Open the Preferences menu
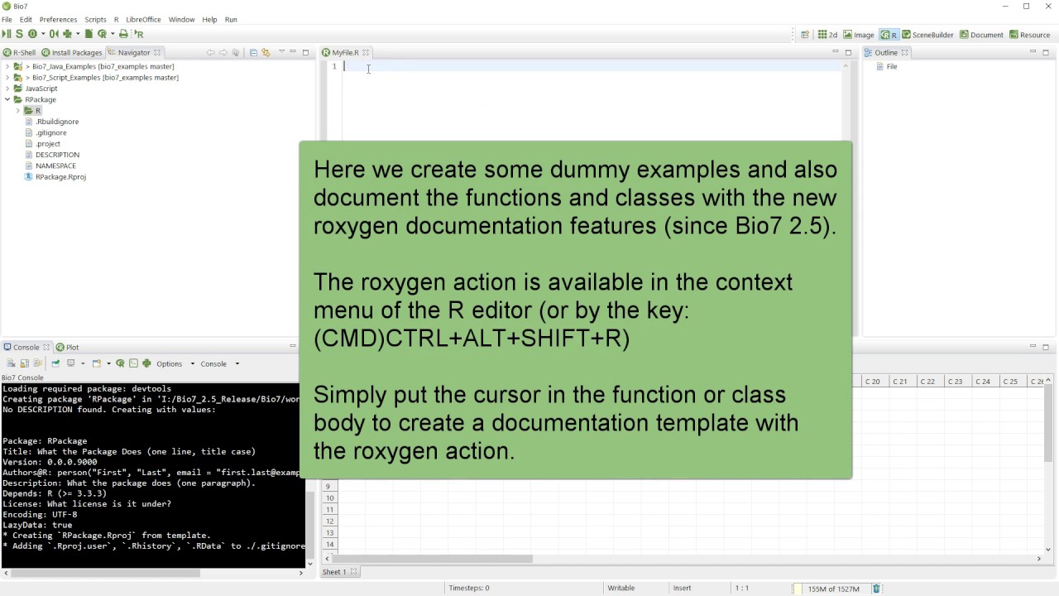tap(58, 19)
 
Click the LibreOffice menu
tap(143, 19)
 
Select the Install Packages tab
tap(77, 52)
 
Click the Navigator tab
tap(133, 52)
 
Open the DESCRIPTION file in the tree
tap(57, 155)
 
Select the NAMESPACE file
tap(55, 166)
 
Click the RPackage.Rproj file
tap(60, 176)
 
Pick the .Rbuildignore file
tap(57, 122)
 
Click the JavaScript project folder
tap(41, 89)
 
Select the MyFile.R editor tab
tap(345, 52)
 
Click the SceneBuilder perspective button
tap(932, 35)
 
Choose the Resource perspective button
tap(1034, 35)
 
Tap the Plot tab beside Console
tap(72, 347)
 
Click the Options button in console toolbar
tap(169, 363)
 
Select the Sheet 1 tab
tap(334, 572)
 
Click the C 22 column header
tap(927, 382)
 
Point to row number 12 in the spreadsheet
tap(330, 521)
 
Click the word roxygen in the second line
tap(357, 226)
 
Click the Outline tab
tap(886, 52)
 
